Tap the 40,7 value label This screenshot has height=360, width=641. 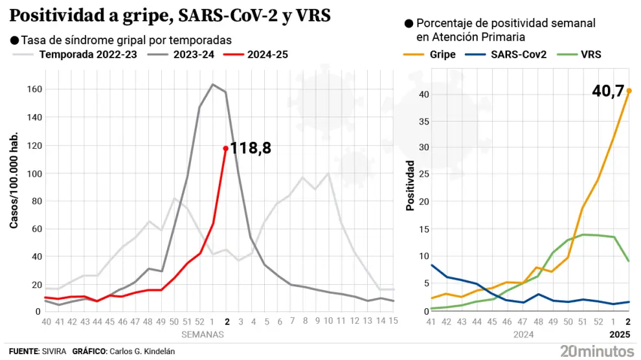[x=607, y=92]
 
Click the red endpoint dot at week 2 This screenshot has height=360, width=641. [x=226, y=148]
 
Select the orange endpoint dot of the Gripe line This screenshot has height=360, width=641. [x=629, y=91]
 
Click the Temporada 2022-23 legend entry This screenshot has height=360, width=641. [x=88, y=54]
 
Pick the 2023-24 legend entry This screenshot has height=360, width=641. [x=193, y=54]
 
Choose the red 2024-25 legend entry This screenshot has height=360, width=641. [x=267, y=54]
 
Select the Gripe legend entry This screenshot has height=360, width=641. [x=442, y=54]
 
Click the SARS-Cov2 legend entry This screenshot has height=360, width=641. [x=519, y=54]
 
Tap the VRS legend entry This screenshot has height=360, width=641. [x=591, y=54]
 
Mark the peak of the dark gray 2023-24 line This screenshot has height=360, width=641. [x=213, y=84]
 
